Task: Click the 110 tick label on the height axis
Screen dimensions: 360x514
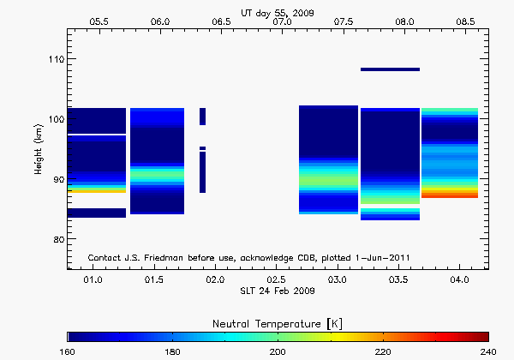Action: [52, 59]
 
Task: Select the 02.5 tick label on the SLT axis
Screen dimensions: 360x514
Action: [276, 280]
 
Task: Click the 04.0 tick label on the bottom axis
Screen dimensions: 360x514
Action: [459, 280]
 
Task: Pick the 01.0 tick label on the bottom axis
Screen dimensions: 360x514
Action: [93, 280]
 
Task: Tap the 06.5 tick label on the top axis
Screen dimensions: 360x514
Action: [221, 21]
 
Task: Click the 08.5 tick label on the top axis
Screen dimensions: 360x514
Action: [465, 21]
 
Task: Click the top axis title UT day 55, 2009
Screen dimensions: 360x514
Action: [277, 10]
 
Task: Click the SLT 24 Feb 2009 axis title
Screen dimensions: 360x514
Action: [277, 291]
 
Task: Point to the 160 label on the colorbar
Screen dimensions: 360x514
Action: [68, 351]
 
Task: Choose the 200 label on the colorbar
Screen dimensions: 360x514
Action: [278, 351]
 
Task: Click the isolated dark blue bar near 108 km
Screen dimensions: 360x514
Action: [390, 69]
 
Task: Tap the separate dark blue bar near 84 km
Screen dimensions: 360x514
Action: [97, 213]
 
